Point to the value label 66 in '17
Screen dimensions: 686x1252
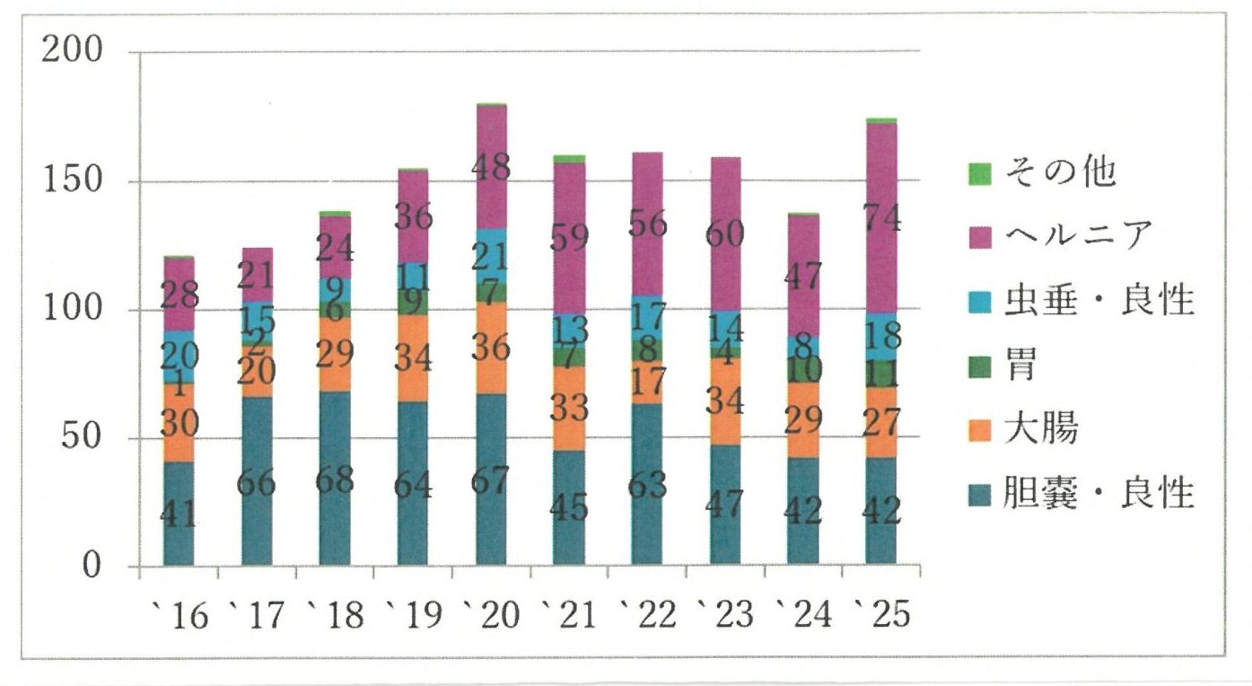click(x=257, y=482)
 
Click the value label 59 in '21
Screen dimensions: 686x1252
click(x=570, y=239)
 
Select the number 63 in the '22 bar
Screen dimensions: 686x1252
click(x=647, y=484)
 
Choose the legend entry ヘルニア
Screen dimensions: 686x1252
click(x=1050, y=237)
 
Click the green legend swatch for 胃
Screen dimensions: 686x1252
click(x=981, y=365)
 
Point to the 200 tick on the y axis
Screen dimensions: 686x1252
click(x=72, y=51)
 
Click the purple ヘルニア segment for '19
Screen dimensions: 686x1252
click(x=413, y=215)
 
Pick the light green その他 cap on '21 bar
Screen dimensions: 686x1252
click(x=569, y=159)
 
